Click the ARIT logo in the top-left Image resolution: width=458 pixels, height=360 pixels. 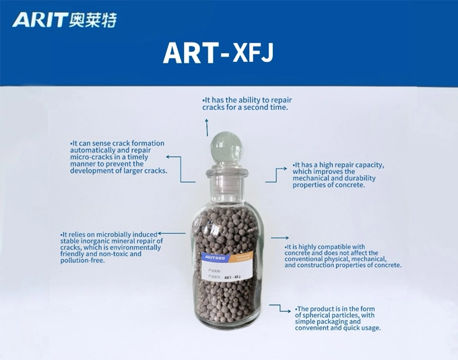pyautogui.click(x=65, y=20)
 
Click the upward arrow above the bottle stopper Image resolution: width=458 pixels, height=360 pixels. pyautogui.click(x=207, y=125)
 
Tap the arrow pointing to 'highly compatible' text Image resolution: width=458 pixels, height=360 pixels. pyautogui.click(x=277, y=237)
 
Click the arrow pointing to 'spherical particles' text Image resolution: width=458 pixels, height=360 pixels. pyautogui.click(x=280, y=307)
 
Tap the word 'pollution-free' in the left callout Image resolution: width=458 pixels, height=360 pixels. pyautogui.click(x=83, y=260)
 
